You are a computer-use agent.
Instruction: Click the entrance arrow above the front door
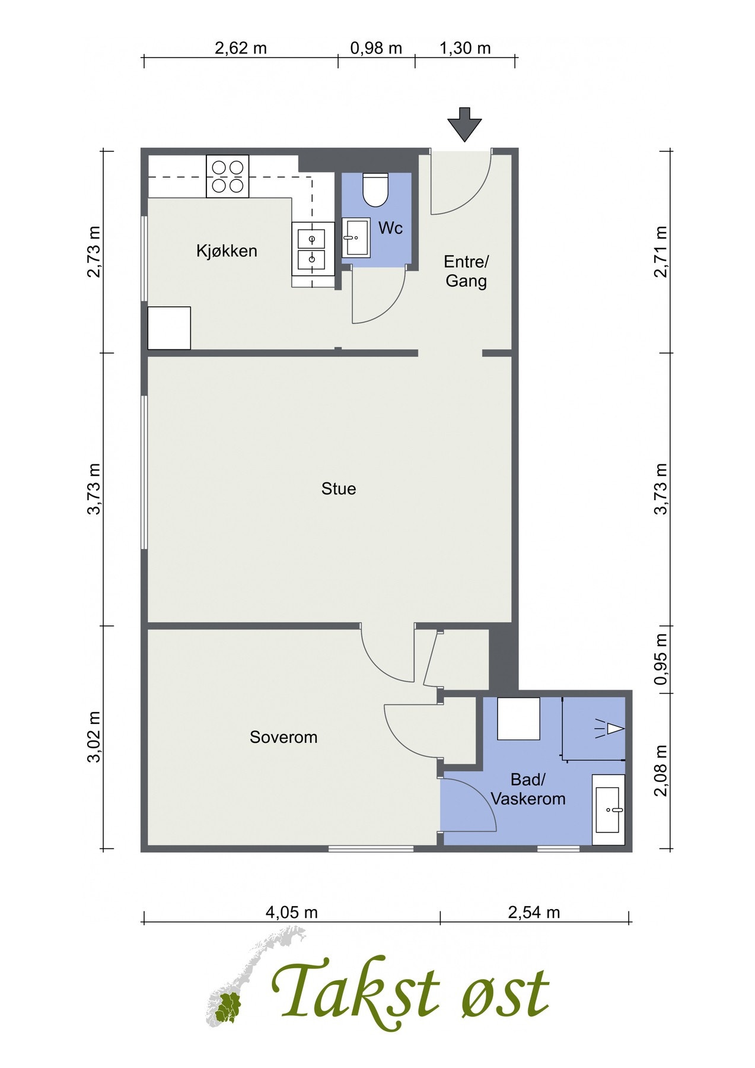click(x=464, y=124)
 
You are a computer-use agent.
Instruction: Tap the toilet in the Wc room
click(x=375, y=189)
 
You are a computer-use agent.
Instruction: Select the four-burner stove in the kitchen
click(x=227, y=176)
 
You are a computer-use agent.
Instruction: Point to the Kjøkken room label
click(x=227, y=251)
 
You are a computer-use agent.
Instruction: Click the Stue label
click(x=339, y=489)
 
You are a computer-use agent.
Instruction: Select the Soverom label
click(x=283, y=738)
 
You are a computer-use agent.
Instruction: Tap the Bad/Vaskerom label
click(x=528, y=789)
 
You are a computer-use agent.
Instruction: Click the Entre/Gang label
click(x=466, y=271)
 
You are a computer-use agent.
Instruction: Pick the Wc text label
click(x=390, y=228)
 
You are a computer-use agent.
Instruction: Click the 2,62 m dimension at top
click(x=240, y=48)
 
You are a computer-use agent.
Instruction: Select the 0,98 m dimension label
click(x=376, y=48)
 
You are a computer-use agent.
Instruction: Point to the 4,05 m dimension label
click(x=291, y=913)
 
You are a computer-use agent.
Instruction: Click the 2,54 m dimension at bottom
click(x=534, y=913)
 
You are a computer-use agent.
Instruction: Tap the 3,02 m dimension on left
click(x=94, y=737)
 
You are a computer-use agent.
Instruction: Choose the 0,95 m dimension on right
click(x=661, y=659)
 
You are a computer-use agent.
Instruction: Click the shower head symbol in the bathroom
click(x=609, y=728)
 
